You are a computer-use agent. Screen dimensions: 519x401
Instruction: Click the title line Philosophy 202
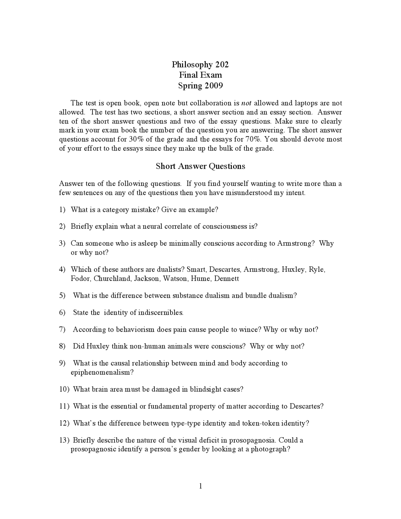coord(200,65)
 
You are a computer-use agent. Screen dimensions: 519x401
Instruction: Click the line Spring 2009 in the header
coord(200,86)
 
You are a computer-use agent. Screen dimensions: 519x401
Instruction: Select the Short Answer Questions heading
coord(200,166)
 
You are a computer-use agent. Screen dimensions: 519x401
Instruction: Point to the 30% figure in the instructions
coord(136,139)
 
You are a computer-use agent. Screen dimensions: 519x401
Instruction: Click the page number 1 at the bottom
coord(200,486)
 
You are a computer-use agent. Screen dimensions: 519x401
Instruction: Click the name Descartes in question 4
coord(225,270)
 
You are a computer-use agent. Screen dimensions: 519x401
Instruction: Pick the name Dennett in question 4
coord(227,279)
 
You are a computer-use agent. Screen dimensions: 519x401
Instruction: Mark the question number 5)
coord(62,296)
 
